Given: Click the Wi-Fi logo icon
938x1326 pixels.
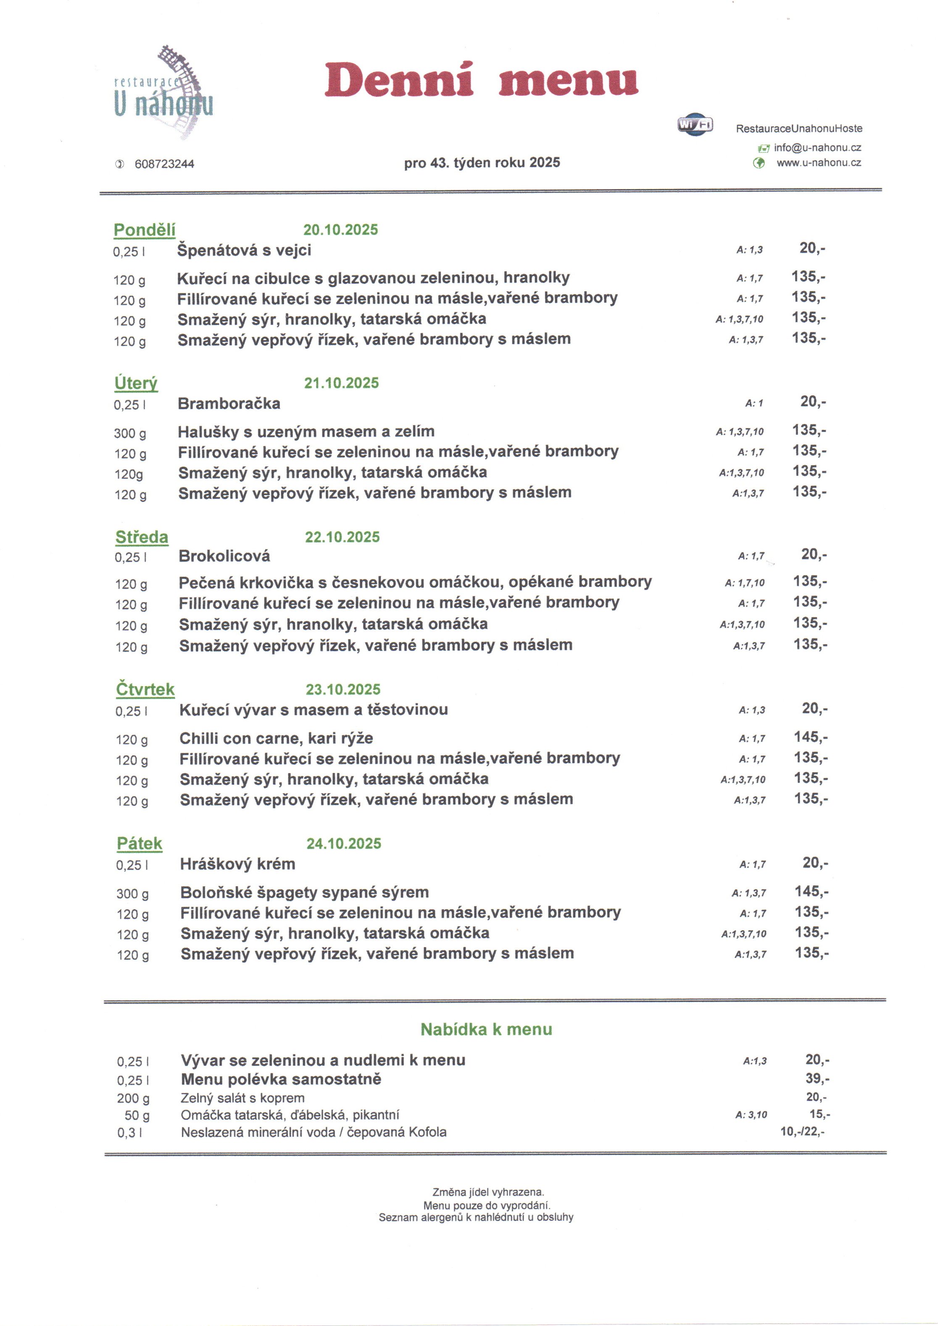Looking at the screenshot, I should [695, 124].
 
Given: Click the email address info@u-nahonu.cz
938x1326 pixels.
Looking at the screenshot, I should [817, 148].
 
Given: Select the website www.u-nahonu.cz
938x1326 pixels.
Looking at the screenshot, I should [819, 163].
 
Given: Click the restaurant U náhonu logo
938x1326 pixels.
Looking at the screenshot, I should [163, 92].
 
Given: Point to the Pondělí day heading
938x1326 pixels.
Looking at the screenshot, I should [145, 230].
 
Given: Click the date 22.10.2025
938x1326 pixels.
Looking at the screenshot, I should [343, 537].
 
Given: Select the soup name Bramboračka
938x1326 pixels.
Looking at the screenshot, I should [229, 404].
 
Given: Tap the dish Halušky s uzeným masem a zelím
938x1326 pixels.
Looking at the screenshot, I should [306, 431].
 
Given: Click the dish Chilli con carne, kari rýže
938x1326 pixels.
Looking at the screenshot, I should [276, 738].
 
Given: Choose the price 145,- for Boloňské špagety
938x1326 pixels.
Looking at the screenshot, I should [812, 891].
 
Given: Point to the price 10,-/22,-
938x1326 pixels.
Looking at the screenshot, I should [802, 1131].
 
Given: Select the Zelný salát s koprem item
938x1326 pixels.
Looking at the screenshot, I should [242, 1098].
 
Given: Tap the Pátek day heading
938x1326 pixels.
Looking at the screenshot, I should [139, 844].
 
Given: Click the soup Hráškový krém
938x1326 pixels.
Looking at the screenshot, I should [237, 864].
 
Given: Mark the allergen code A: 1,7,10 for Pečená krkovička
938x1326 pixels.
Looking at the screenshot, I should [745, 583].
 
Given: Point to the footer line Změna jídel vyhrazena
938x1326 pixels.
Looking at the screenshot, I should [488, 1192].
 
